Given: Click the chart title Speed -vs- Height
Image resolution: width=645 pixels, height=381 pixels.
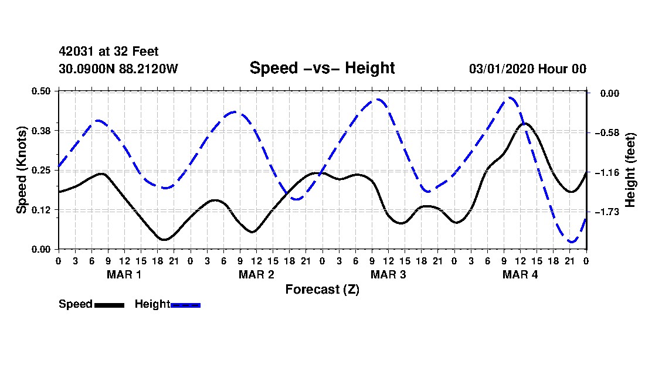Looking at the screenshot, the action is [x=322, y=68].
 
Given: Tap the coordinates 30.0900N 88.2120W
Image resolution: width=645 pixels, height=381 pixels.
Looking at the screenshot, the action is [x=118, y=69].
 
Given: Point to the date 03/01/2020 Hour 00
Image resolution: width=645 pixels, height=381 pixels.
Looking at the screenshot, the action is [x=528, y=69].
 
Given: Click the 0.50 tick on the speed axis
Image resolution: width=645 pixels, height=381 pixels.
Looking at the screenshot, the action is [x=41, y=91].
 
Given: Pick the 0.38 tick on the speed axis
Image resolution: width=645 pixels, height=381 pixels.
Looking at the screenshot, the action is [x=41, y=131].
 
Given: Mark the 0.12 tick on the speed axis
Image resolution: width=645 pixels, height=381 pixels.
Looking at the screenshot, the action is [x=41, y=210].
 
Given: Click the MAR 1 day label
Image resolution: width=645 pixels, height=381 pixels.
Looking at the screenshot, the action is [x=124, y=274].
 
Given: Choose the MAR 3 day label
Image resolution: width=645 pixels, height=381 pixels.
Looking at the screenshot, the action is [x=388, y=274].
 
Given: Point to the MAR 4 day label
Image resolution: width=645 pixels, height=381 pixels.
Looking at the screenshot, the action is [x=520, y=274].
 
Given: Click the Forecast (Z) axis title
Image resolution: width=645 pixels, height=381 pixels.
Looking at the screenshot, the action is [x=322, y=290].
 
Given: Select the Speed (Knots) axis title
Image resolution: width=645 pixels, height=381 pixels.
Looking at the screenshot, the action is [x=21, y=170].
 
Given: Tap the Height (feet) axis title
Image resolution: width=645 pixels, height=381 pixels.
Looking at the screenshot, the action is [x=630, y=170].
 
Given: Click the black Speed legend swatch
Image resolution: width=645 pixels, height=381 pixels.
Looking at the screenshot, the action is [x=110, y=305].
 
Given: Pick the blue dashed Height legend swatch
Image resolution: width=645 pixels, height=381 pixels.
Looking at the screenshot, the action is [x=185, y=305].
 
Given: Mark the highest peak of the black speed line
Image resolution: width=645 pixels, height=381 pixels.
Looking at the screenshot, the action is [x=525, y=123].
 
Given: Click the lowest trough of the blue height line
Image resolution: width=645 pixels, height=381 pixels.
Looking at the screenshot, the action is [x=571, y=241].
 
